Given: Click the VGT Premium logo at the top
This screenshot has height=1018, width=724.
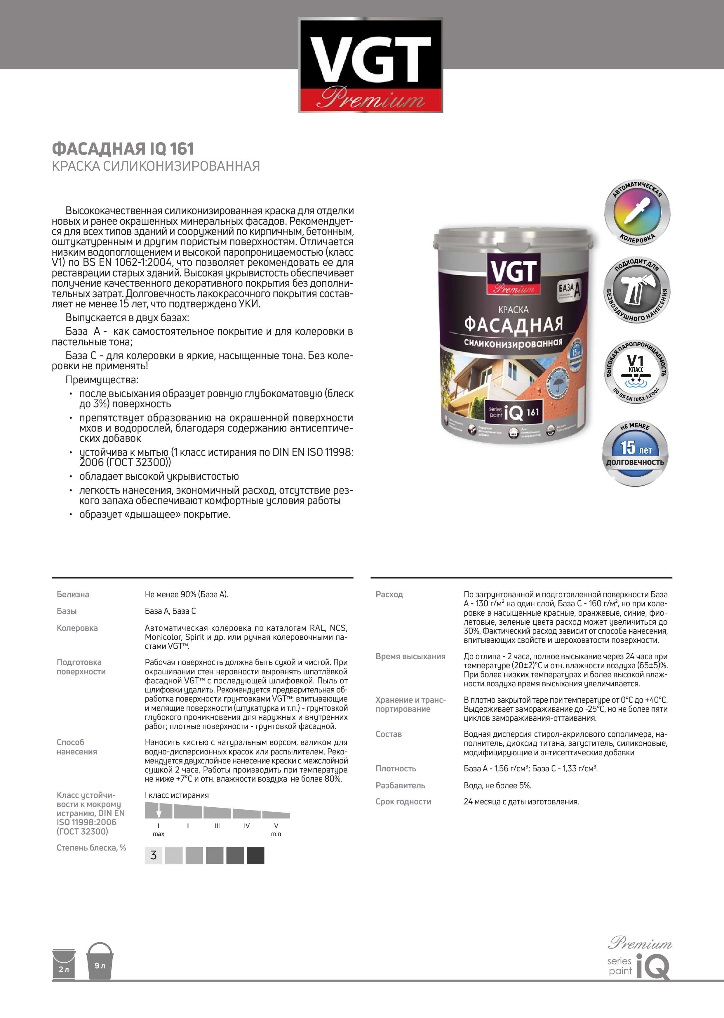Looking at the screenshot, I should [370, 65].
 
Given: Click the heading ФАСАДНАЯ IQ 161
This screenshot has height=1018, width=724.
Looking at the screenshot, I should [123, 148].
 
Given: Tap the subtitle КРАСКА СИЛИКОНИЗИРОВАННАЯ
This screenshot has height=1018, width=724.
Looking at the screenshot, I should [156, 166].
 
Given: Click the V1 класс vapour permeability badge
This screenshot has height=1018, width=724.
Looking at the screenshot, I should [636, 370].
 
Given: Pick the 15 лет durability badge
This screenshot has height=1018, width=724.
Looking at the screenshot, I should [635, 453].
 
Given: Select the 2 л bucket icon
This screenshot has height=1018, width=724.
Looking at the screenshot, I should [64, 964].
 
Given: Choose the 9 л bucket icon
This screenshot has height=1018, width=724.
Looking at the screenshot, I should [100, 961].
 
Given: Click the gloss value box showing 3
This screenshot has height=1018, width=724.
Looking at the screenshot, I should [153, 855].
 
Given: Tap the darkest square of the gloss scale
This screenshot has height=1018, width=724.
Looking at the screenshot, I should [255, 855].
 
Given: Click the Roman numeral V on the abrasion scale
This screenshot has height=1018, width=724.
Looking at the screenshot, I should [276, 826].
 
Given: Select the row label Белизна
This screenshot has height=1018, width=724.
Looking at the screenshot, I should [73, 594].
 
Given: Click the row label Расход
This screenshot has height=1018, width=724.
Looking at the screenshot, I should [389, 594].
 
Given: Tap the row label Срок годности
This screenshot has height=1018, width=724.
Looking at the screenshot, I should [403, 802].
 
